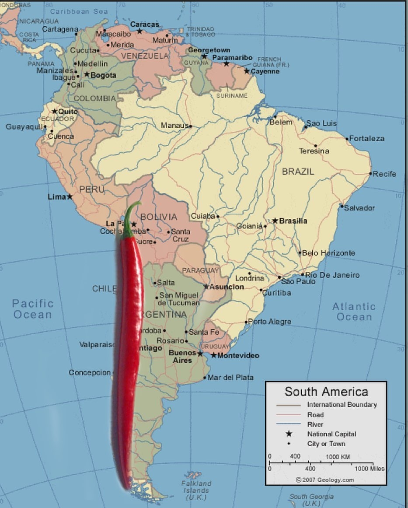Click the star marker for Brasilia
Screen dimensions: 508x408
click(x=275, y=221)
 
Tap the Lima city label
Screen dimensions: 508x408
click(x=56, y=197)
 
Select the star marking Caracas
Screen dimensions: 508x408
click(x=139, y=31)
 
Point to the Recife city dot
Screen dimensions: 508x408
click(x=370, y=174)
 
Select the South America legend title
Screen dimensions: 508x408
click(x=326, y=391)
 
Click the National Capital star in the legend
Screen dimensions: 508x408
click(x=289, y=434)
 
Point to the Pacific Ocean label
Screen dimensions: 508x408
click(x=33, y=309)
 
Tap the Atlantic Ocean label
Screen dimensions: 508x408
click(x=354, y=312)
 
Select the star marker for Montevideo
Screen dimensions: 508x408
click(x=214, y=355)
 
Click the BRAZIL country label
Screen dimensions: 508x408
click(x=298, y=172)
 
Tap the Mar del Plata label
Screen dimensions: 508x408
click(x=230, y=378)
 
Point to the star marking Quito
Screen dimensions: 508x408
click(x=55, y=111)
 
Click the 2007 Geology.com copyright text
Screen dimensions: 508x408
click(x=325, y=480)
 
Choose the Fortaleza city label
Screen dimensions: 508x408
click(x=367, y=138)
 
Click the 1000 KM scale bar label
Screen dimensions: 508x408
click(x=338, y=456)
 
